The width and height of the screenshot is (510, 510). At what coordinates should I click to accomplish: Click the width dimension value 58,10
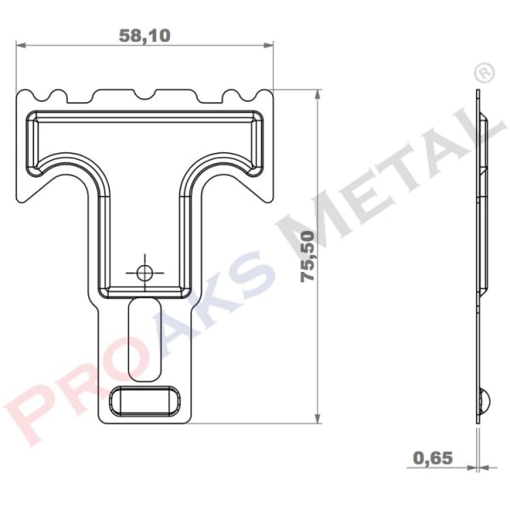click(x=144, y=36)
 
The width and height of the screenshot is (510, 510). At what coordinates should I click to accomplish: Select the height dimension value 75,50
click(x=307, y=255)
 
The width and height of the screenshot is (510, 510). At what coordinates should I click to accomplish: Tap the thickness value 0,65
click(x=433, y=458)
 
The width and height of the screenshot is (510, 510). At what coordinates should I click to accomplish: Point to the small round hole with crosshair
click(x=144, y=272)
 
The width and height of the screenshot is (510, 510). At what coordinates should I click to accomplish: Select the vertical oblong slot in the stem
click(x=144, y=337)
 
